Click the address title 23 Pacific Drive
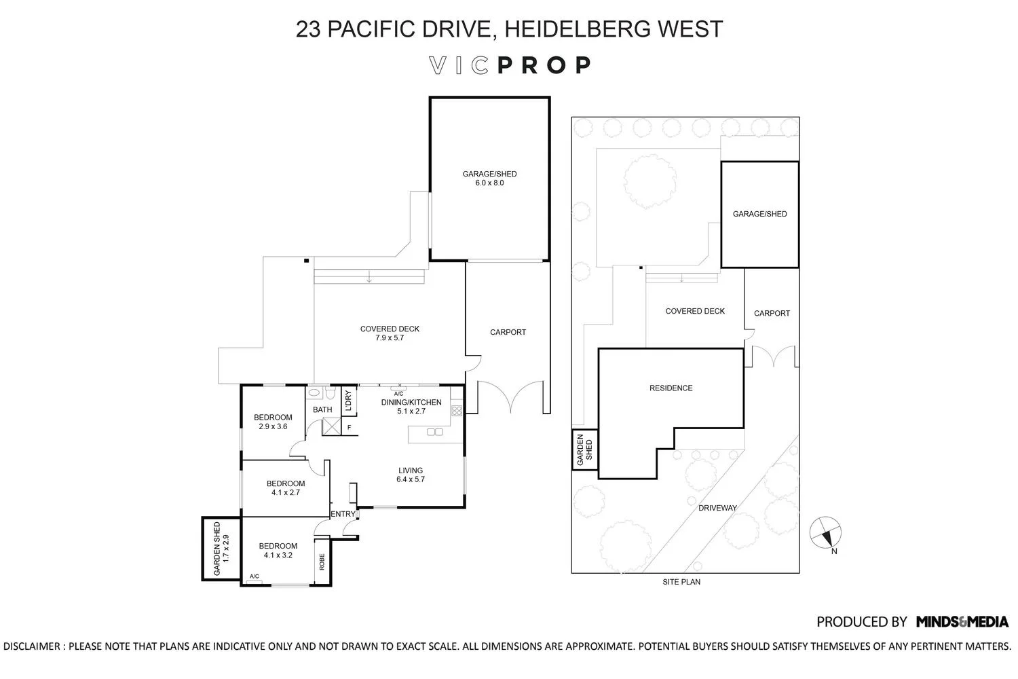click(x=509, y=29)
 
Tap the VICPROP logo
click(x=510, y=65)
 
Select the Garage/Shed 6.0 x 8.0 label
click(x=489, y=179)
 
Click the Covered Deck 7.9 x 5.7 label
click(x=390, y=333)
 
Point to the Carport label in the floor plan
click(x=508, y=332)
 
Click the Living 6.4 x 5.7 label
click(x=411, y=475)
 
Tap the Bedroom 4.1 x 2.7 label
click(x=285, y=488)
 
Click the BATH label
click(x=322, y=409)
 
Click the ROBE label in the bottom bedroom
click(x=322, y=562)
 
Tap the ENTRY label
click(x=342, y=514)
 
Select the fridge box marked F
click(x=349, y=428)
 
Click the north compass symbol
click(x=827, y=533)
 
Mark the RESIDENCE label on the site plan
click(x=671, y=388)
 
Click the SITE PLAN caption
click(x=681, y=582)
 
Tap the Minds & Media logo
click(x=962, y=621)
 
